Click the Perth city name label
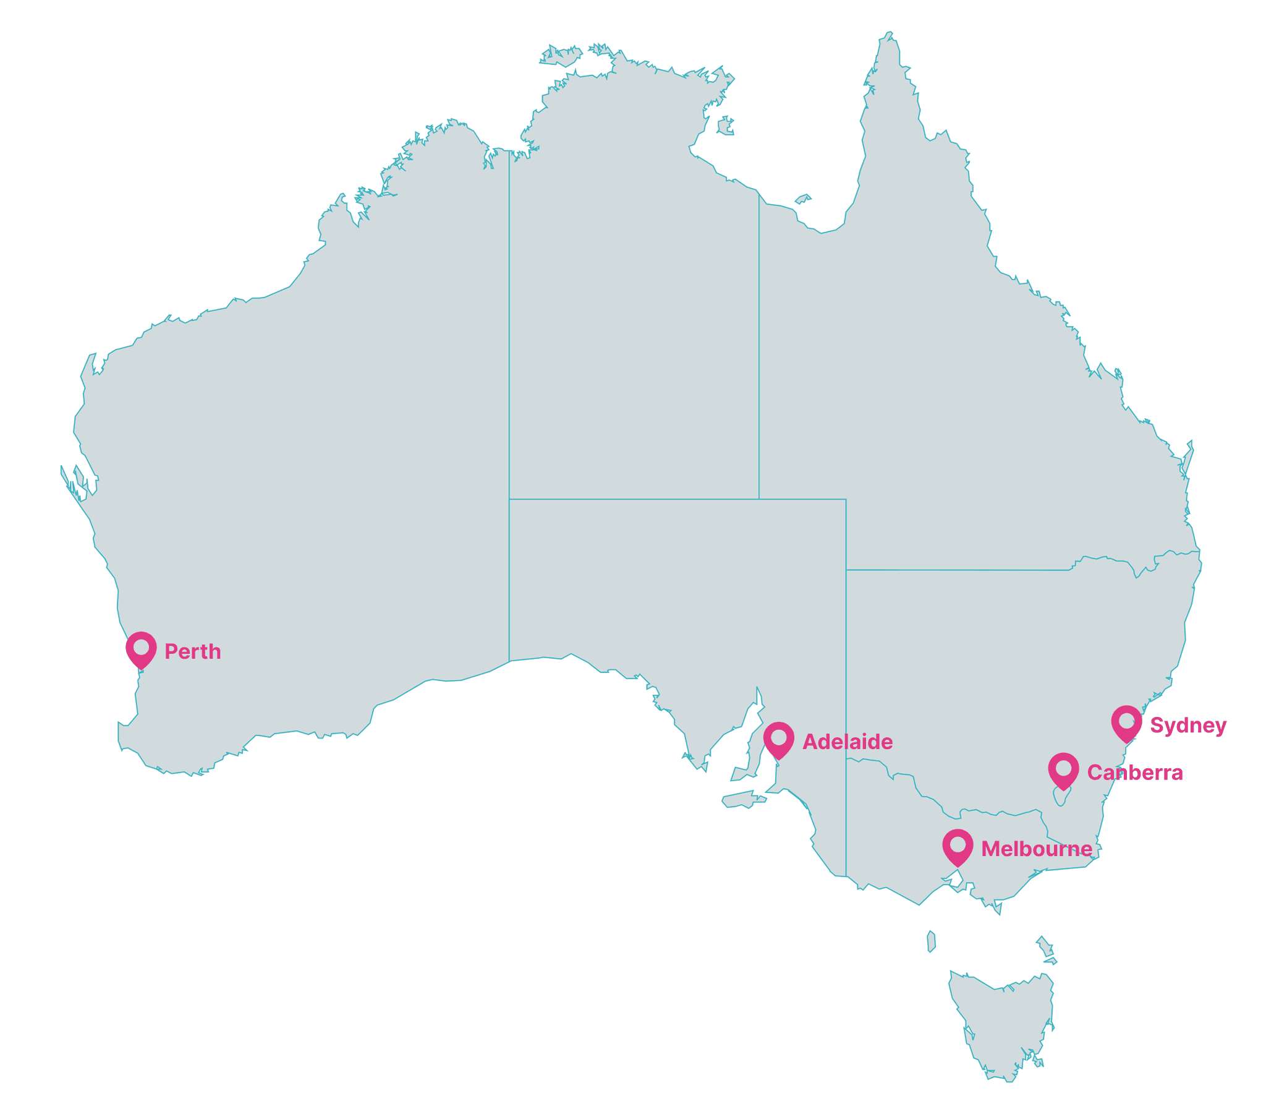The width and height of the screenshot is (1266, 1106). point(192,651)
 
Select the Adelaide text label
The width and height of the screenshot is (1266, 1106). point(848,742)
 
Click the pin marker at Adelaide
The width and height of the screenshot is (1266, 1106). point(778,740)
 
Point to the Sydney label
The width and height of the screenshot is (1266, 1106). point(1188,725)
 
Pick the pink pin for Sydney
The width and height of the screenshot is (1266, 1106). point(1126,723)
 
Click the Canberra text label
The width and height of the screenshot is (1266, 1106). point(1135,773)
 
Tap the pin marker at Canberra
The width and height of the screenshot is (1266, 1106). point(1063,771)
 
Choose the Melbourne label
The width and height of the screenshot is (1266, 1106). point(1037,849)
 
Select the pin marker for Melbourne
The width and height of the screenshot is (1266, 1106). point(958,847)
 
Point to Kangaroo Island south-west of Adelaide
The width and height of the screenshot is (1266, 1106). point(744,799)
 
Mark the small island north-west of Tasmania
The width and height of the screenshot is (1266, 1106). point(931,941)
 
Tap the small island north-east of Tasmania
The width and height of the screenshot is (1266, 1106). point(1044,946)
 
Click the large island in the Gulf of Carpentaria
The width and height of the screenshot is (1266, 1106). point(724,127)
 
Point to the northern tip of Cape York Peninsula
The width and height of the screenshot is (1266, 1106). point(888,36)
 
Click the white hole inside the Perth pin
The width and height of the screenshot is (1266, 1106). point(141,646)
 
